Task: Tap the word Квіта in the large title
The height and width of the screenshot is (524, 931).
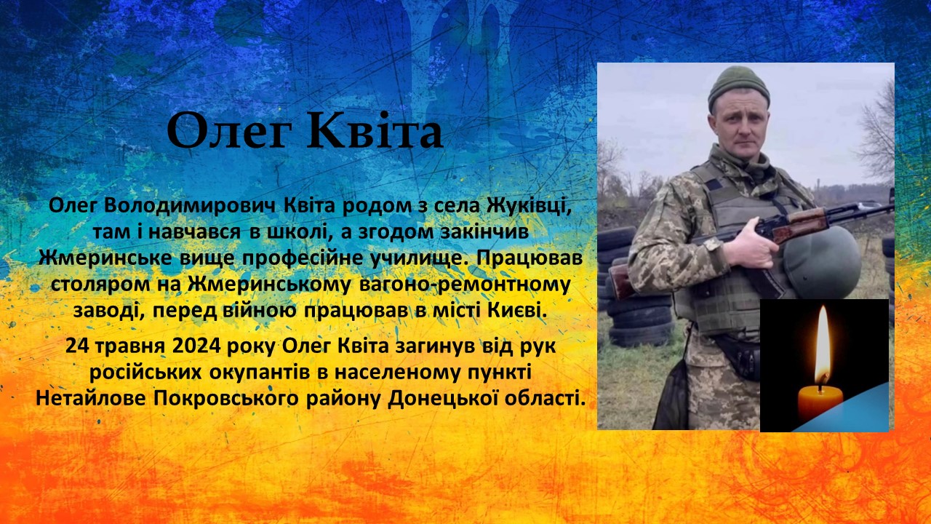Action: pyautogui.click(x=376, y=130)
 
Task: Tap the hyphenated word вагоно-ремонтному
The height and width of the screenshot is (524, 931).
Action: pyautogui.click(x=464, y=285)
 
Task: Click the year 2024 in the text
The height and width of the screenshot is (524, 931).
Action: pyautogui.click(x=196, y=346)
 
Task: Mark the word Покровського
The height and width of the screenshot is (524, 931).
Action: pyautogui.click(x=225, y=399)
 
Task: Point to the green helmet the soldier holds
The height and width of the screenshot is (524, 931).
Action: pyautogui.click(x=822, y=263)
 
